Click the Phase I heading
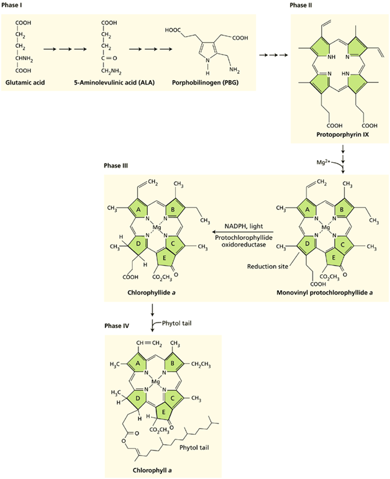point(14,5)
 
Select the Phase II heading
point(301,5)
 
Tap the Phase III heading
point(117,166)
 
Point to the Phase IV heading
point(117,325)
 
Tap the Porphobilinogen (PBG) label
point(201,82)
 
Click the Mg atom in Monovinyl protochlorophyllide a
point(324,228)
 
